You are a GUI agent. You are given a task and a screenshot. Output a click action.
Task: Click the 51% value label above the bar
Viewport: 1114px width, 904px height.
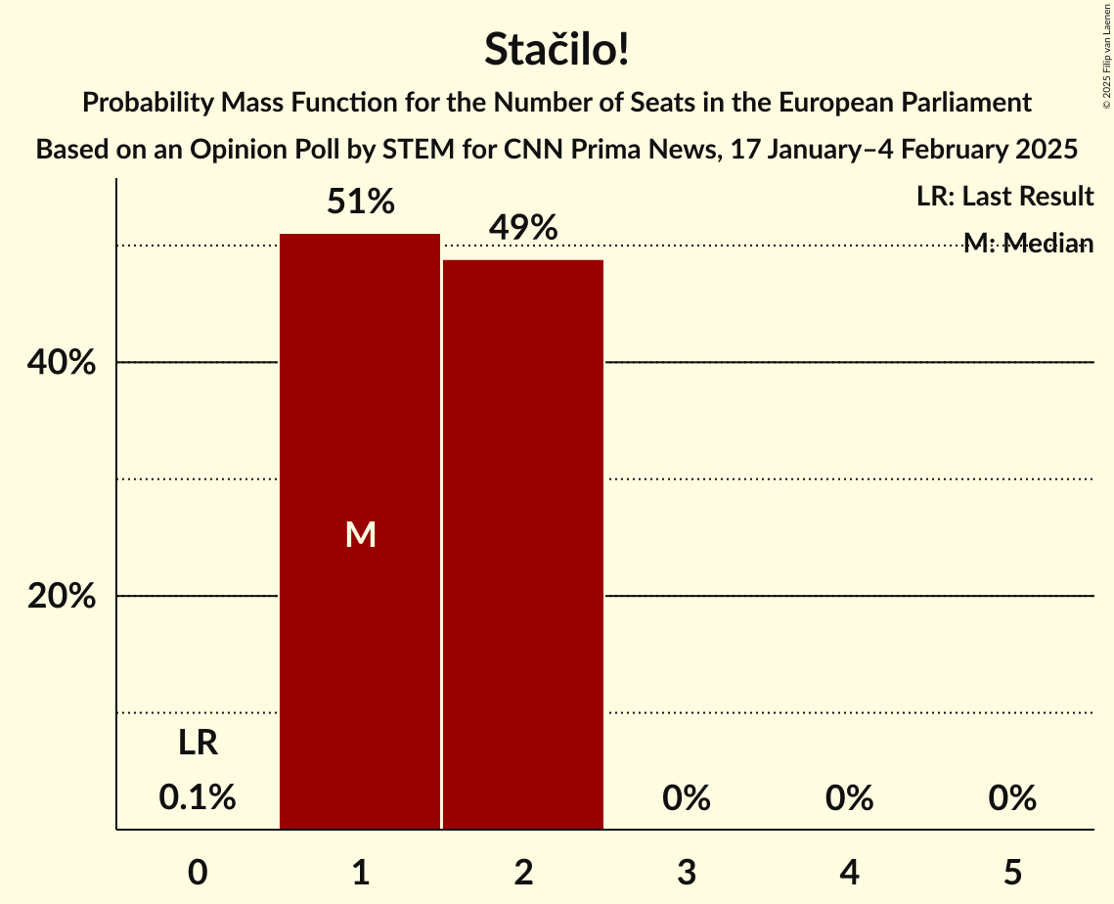pos(360,203)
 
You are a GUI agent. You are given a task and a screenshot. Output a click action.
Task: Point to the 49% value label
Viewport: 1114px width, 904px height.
pos(523,229)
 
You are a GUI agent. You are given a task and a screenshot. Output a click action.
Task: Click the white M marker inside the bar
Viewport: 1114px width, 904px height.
pos(360,534)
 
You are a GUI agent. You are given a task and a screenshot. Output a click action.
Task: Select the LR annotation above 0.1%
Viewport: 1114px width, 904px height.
pos(198,744)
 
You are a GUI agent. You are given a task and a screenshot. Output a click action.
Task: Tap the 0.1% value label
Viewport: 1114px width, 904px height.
pos(198,798)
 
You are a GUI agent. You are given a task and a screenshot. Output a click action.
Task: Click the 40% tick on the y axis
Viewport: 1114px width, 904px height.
pos(61,363)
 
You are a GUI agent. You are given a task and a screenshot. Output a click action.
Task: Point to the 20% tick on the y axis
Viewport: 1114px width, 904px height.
pos(61,596)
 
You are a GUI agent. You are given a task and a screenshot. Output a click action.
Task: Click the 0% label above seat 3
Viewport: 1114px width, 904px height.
pos(686,798)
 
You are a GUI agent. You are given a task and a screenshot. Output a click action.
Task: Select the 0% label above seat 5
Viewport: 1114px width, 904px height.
pos(1011,798)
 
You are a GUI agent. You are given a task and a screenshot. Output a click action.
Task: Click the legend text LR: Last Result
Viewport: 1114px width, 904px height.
pos(1004,197)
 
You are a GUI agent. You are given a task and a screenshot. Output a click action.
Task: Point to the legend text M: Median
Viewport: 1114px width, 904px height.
pos(1027,244)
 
